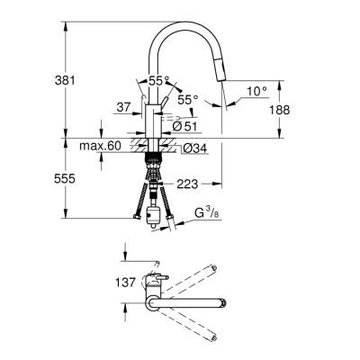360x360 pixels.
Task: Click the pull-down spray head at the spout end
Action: click(225, 93)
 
